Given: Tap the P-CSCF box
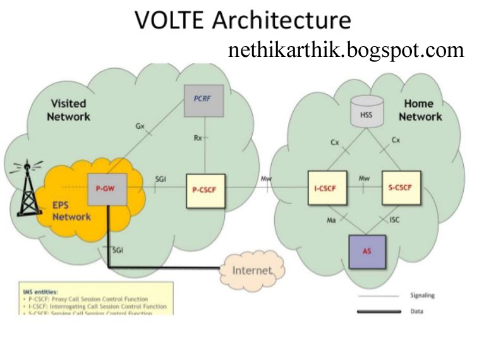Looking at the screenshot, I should pos(205,189).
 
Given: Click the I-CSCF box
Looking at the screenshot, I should pos(327,188).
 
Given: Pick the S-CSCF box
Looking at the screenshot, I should pos(401,188).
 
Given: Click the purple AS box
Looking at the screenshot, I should pos(367,251).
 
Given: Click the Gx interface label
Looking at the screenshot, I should pos(140,126).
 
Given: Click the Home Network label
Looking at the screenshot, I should pos(420,110).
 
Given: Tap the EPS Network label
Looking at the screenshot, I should pos(71,211).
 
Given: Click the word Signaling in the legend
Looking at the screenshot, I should pos(422,295).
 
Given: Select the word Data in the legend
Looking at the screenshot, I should pos(416,311).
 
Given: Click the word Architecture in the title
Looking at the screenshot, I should pos(281,20).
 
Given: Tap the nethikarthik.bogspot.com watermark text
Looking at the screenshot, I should pos(346,50).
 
